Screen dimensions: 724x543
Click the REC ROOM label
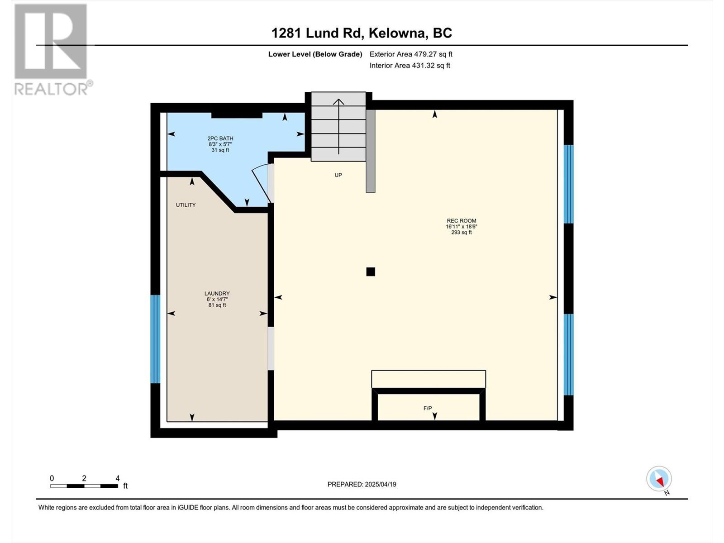coord(461,221)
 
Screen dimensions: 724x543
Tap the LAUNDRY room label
coord(217,293)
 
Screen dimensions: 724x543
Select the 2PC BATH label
coord(220,138)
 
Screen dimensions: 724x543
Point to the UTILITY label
coord(186,205)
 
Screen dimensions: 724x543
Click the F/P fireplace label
coord(428,408)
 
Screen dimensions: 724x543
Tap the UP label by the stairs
coord(338,175)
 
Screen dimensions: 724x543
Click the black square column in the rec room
coord(371,271)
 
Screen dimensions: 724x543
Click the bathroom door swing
coord(262,182)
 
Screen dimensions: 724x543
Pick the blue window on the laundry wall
coord(155,339)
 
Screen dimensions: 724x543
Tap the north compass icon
coord(659,479)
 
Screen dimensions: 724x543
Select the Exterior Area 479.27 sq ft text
coord(411,54)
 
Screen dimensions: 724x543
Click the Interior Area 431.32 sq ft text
coord(410,65)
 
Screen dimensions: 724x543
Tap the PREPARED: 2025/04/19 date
coord(362,484)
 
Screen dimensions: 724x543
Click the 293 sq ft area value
coord(462,233)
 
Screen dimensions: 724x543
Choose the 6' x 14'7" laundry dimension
coord(217,300)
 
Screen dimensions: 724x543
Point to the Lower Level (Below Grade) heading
coord(315,54)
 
